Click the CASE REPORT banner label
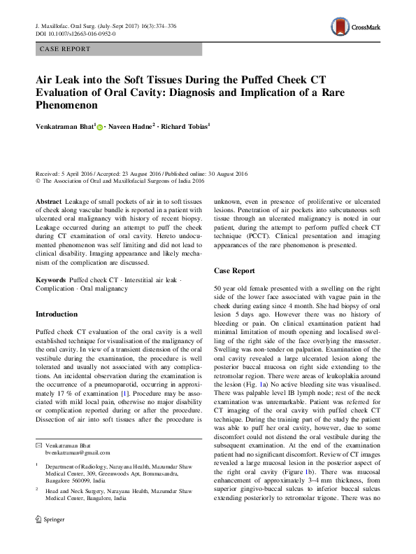(x=65, y=49)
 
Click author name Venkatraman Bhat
(x=66, y=127)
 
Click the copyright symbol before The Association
(x=38, y=181)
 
